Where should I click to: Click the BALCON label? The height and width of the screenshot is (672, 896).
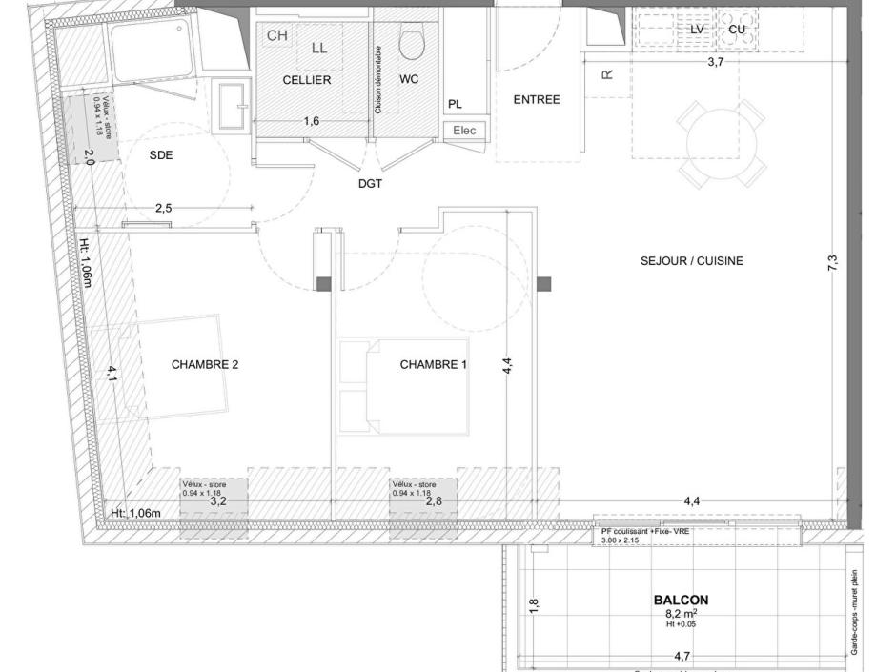[681, 601]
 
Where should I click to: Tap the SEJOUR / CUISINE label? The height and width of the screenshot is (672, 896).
[692, 261]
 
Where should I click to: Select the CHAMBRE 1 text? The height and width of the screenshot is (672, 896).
[434, 364]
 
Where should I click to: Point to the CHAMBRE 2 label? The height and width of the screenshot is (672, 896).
[205, 364]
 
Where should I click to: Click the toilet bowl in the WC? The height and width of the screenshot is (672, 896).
[412, 43]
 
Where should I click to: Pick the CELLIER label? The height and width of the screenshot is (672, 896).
[307, 80]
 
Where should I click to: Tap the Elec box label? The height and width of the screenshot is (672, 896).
[465, 131]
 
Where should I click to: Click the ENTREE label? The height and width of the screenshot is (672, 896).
[537, 99]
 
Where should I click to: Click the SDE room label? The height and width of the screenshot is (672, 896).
[161, 154]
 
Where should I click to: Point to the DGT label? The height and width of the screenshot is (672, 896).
[370, 184]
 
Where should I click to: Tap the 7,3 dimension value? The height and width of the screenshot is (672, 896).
[832, 261]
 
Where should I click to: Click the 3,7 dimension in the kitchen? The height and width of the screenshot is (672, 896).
[716, 62]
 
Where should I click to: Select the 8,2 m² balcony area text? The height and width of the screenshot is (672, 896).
[681, 615]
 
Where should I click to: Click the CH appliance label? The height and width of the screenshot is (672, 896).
[276, 35]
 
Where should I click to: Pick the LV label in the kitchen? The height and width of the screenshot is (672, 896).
[697, 30]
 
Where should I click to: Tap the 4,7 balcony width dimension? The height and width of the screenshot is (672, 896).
[682, 656]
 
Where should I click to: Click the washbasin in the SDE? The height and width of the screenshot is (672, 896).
[231, 107]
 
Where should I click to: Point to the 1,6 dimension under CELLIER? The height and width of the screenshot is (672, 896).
[312, 121]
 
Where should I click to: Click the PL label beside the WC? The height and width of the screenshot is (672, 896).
[455, 105]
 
